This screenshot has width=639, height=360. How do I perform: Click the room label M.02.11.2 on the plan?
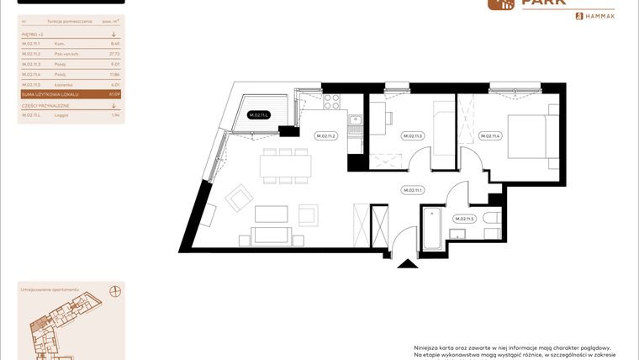point(325,135)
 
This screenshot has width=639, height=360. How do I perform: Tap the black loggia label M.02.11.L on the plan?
point(258,115)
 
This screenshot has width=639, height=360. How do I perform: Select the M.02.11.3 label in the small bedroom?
point(412,135)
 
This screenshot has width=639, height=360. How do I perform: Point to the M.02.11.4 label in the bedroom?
point(489,135)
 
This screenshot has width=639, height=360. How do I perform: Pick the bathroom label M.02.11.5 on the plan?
point(464,219)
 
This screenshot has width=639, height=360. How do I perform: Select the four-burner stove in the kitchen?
point(331,103)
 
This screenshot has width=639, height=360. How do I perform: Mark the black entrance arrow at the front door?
point(407,263)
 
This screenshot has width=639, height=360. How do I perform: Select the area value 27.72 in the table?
point(115,53)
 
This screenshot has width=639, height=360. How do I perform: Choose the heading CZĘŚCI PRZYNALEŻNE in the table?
point(46,106)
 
